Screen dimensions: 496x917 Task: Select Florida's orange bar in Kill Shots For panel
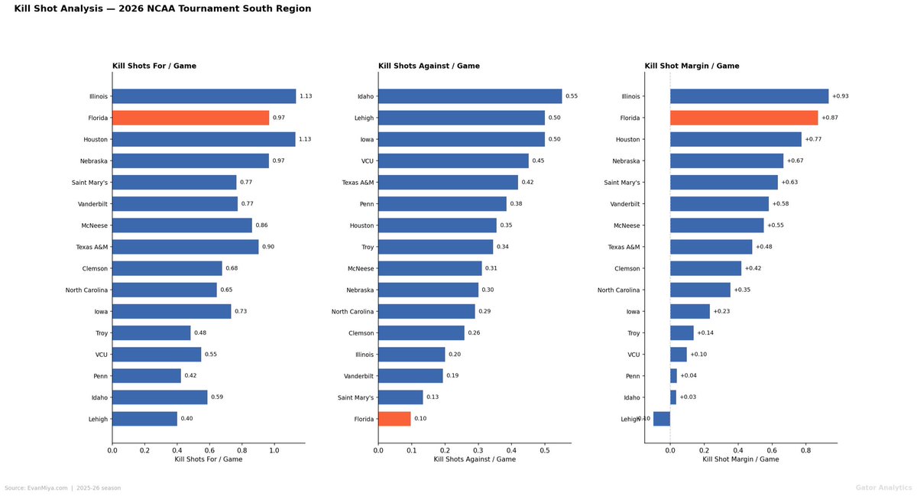click(190, 118)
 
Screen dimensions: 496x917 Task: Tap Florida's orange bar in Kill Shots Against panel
click(394, 419)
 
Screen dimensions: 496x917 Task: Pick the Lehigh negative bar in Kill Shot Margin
click(662, 419)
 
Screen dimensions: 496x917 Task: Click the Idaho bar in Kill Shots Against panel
click(470, 96)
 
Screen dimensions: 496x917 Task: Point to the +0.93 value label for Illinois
click(841, 96)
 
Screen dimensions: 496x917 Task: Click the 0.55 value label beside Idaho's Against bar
click(572, 96)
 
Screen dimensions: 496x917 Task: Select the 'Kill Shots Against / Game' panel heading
click(429, 66)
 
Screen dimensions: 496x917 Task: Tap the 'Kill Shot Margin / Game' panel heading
click(692, 66)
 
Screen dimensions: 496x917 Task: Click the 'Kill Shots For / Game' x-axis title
click(209, 459)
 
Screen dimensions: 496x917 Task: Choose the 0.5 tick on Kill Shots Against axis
click(545, 450)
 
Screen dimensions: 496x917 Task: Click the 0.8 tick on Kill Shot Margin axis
click(805, 450)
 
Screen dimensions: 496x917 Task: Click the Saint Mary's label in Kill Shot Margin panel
click(622, 183)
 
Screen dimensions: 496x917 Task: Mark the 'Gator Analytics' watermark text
click(883, 488)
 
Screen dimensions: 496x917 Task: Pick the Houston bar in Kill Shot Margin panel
click(736, 139)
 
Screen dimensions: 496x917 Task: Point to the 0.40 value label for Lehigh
click(187, 419)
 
